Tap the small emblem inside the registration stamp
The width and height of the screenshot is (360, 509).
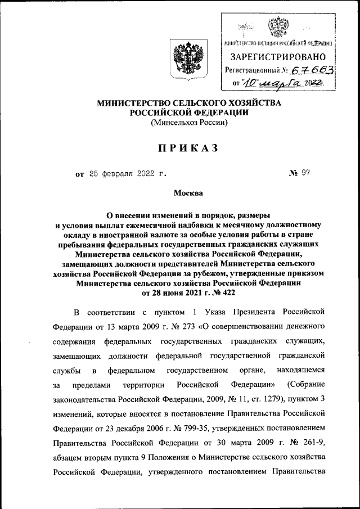(278, 26)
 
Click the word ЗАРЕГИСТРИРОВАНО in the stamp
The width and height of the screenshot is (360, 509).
(278, 57)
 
